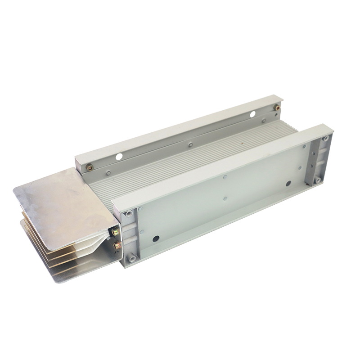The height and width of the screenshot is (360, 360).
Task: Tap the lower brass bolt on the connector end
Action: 117,245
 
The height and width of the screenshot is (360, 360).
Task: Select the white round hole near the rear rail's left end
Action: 119,157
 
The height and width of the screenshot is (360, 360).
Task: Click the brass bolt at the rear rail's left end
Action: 90,167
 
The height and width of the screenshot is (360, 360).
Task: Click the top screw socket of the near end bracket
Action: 129,213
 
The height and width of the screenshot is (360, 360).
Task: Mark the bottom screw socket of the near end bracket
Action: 132,258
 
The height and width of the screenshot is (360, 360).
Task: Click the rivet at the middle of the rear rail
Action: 190,144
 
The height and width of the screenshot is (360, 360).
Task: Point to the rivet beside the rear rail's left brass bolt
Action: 108,171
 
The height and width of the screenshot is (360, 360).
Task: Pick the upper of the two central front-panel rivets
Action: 224,177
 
